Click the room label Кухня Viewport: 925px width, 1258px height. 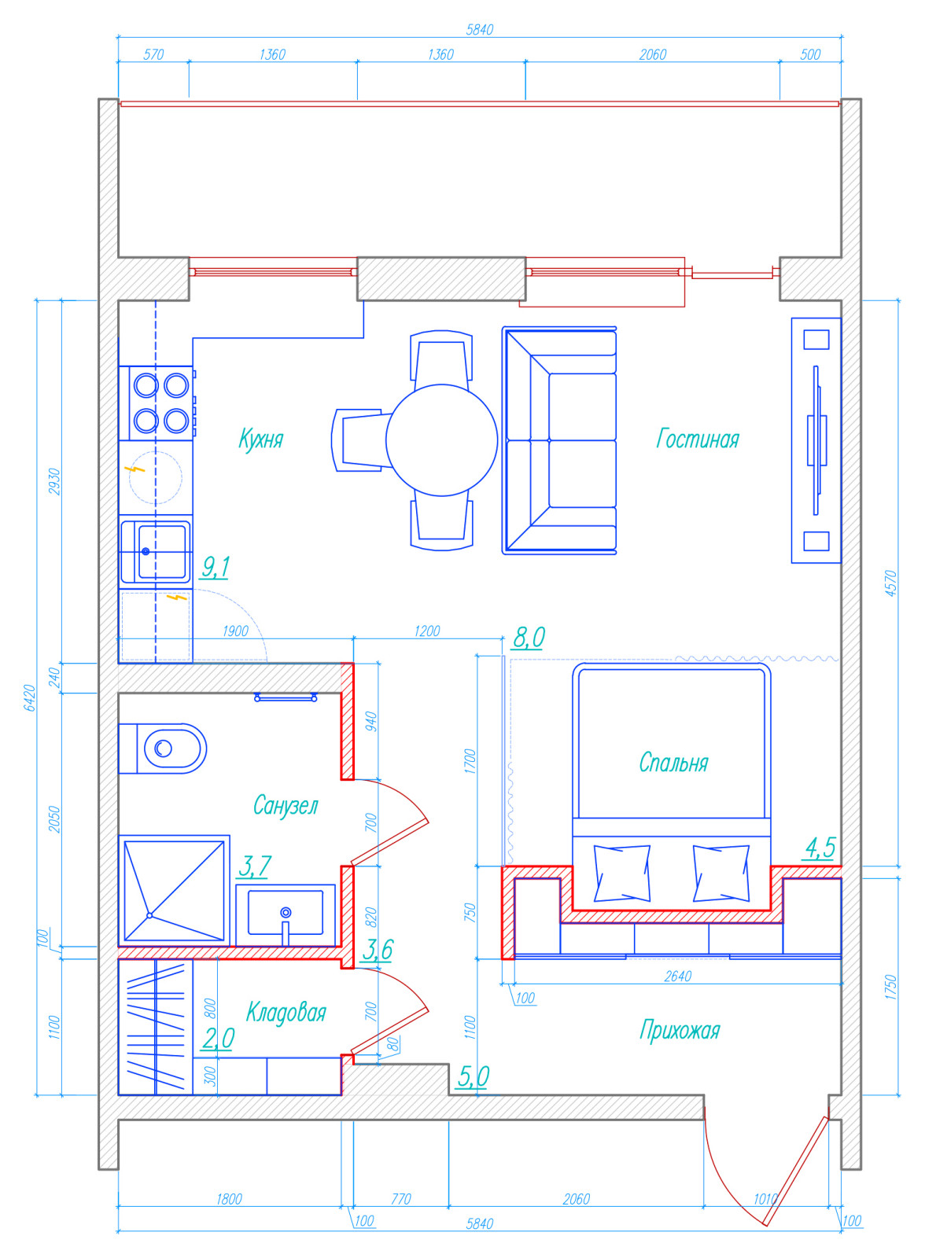261,439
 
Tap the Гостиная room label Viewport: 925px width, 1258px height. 698,439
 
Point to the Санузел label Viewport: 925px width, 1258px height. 286,805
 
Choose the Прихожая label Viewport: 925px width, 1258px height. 680,1030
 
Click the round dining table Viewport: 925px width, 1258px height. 442,440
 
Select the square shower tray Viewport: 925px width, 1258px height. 174,890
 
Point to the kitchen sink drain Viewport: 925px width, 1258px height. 146,551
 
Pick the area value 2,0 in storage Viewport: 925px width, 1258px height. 219,1039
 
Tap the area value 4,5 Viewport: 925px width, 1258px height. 820,848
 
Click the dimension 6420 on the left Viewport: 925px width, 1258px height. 30,698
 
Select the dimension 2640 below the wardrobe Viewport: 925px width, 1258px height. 678,976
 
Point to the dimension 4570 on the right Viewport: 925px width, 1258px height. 890,583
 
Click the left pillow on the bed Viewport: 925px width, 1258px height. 622,874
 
